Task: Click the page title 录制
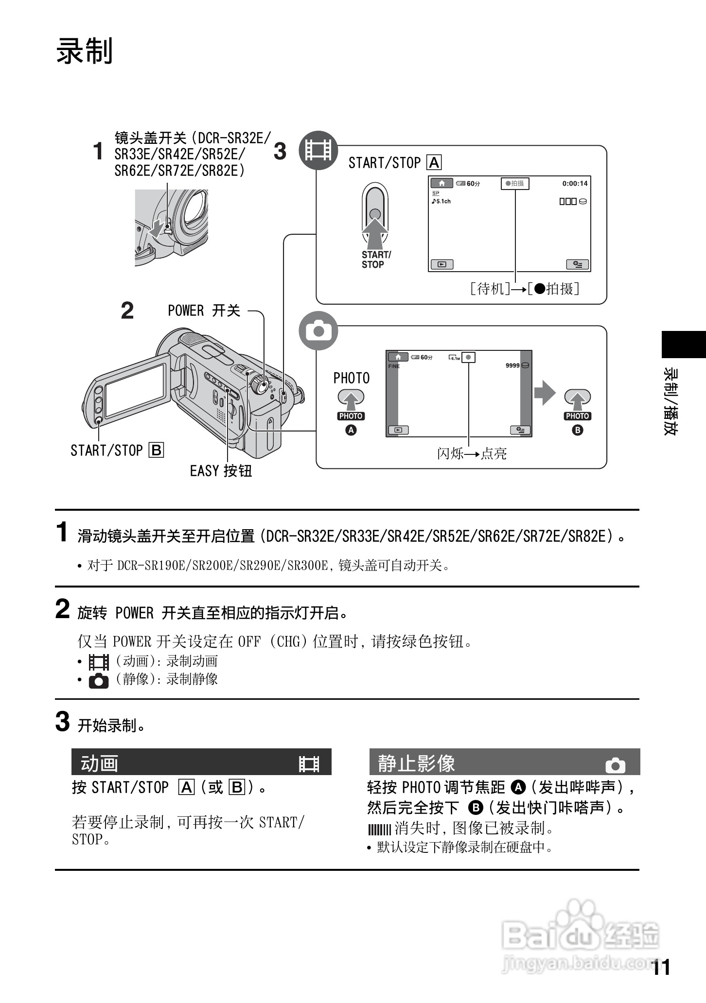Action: coord(85,51)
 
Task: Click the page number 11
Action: coord(661,968)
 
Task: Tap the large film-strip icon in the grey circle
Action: coord(318,150)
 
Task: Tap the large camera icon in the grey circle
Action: coord(318,331)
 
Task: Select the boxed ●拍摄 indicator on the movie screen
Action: coord(515,184)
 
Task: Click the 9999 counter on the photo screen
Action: coord(512,365)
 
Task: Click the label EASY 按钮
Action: coord(221,471)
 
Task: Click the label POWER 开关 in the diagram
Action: coord(204,311)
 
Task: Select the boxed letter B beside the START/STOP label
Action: coord(157,450)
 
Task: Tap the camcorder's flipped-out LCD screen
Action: coord(135,390)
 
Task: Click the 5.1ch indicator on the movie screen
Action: coord(441,201)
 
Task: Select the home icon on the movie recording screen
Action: coord(441,183)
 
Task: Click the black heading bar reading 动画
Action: coord(201,762)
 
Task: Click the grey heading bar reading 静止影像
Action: coord(504,762)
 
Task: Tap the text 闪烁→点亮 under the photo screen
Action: coord(472,453)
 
